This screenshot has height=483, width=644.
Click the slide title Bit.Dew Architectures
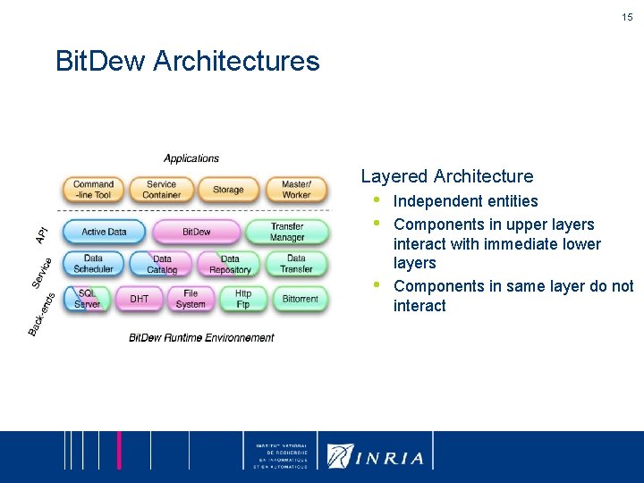coord(187,61)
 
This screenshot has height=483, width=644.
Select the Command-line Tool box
coord(93,190)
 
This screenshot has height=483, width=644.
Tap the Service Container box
coord(161,190)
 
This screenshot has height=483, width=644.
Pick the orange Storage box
coord(228,190)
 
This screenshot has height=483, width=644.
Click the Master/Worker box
coord(296,190)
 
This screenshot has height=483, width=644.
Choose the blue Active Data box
coord(104,233)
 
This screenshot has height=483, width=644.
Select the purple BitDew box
coord(196,233)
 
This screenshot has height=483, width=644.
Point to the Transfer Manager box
coord(287,233)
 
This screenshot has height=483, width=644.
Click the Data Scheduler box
coord(93,264)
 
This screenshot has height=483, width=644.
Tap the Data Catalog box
coord(162,265)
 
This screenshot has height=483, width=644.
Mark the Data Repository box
coord(230,265)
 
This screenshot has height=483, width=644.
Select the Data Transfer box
coord(296,264)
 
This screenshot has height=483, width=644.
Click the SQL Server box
coord(88,299)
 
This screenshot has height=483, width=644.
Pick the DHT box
coord(140,299)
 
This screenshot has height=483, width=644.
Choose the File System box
coord(191,299)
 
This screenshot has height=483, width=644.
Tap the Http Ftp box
coord(243,299)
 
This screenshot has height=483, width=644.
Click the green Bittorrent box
coord(300,299)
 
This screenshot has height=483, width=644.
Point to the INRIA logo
coord(377,456)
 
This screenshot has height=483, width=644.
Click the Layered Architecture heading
coord(446,176)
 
